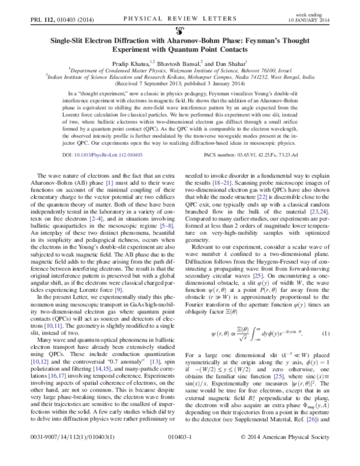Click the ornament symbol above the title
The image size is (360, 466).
pyautogui.click(x=180, y=28)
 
